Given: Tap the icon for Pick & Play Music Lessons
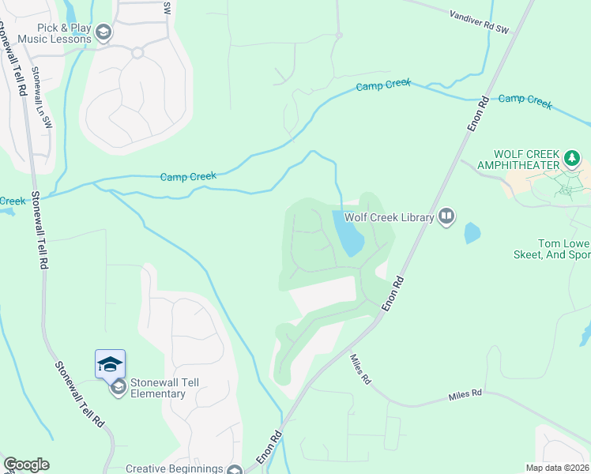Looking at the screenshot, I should [104, 32].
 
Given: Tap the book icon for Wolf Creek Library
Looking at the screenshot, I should [446, 216].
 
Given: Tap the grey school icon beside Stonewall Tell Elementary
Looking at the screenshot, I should [119, 387].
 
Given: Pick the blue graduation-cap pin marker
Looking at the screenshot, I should [110, 363].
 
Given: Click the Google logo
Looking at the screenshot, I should [26, 465].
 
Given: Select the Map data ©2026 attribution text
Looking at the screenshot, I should [558, 468].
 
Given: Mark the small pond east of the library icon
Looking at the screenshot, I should [472, 232].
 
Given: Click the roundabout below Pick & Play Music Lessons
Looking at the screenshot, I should [137, 53].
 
